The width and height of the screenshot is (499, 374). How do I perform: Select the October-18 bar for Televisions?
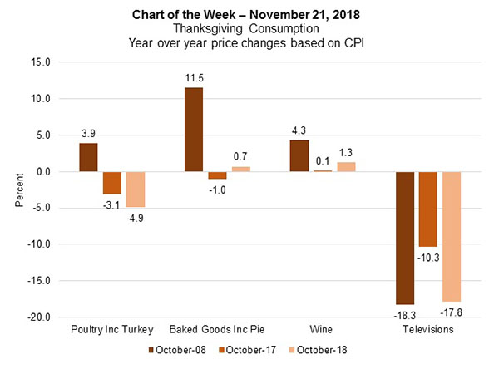click(451, 236)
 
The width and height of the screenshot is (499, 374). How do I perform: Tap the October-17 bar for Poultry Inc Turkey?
click(112, 183)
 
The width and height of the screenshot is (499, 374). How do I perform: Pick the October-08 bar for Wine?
click(299, 156)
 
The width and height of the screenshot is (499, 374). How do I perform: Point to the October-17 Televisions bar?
click(428, 209)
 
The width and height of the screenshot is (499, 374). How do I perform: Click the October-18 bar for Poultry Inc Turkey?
click(135, 189)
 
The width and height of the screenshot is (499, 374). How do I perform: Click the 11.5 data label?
click(194, 78)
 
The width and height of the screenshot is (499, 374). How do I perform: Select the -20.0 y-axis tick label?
click(38, 317)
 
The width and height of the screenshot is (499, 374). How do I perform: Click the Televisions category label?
click(428, 330)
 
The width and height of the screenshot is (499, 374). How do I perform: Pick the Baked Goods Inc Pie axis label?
click(217, 330)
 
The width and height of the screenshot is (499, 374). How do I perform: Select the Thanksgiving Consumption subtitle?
click(249, 27)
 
